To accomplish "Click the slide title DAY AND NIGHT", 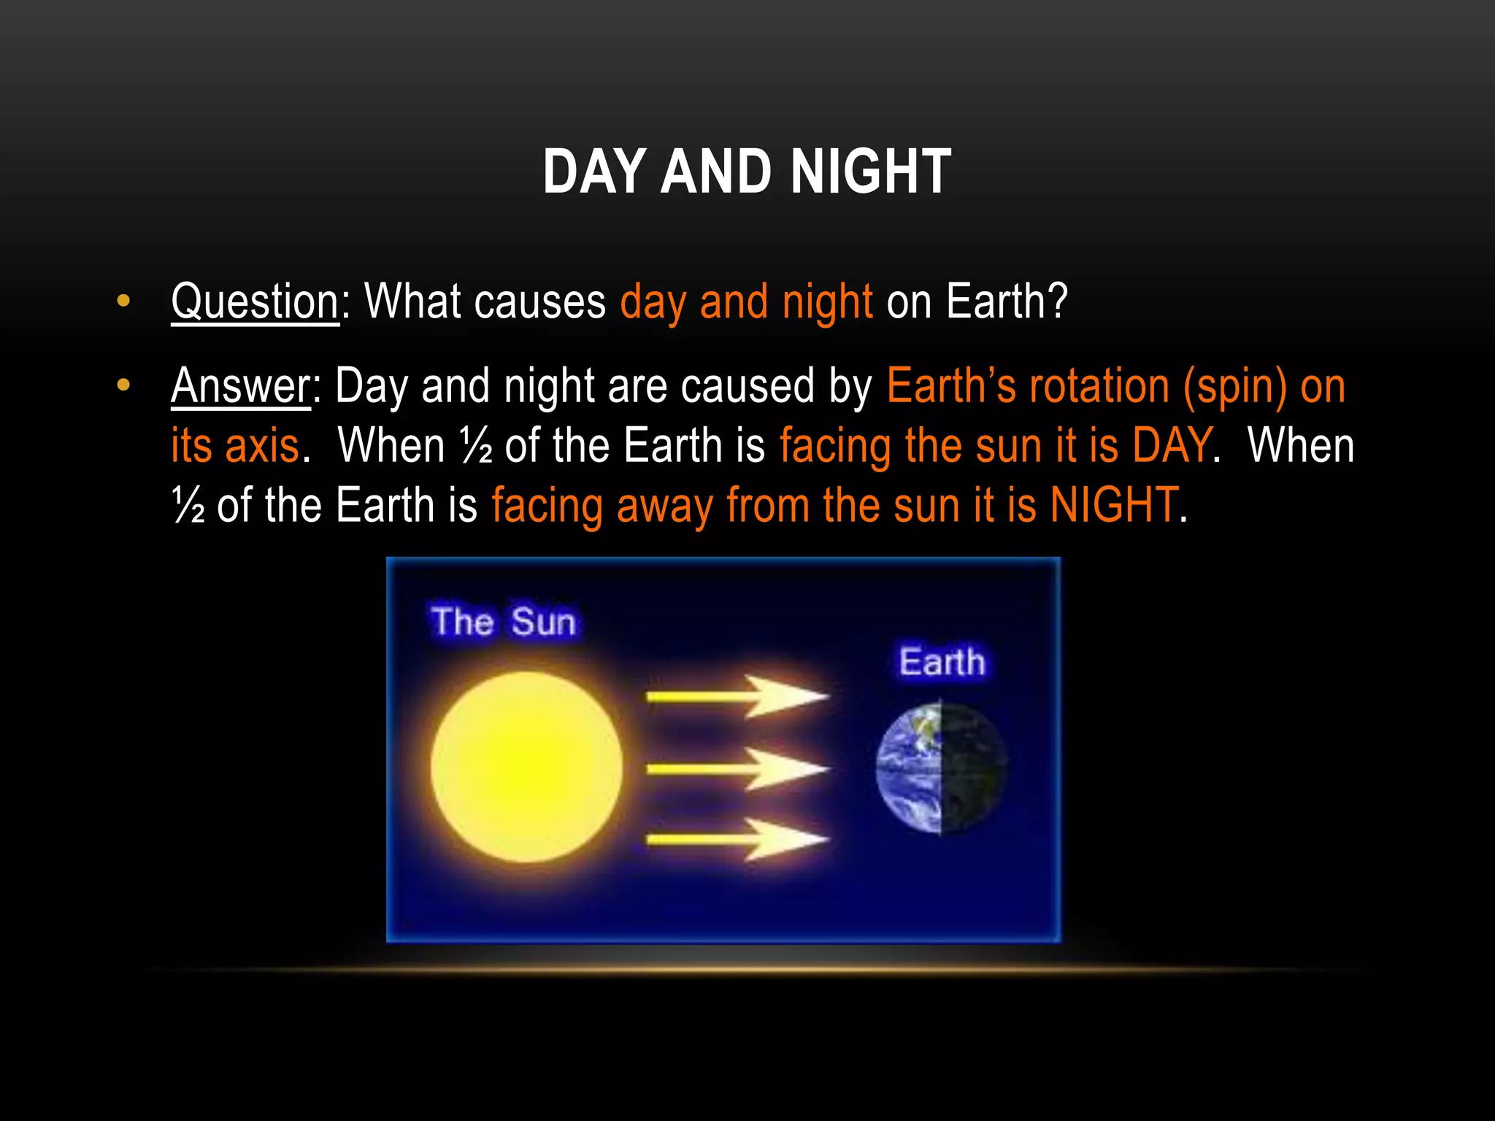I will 747,172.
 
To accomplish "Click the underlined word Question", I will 255,301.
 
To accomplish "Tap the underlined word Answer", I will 241,386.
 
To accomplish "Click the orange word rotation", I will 1098,386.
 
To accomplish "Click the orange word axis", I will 262,446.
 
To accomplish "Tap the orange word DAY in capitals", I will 1171,446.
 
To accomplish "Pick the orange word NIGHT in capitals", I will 1113,505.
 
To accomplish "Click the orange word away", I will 664,506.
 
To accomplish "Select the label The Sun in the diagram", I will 503,622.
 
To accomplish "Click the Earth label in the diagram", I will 942,662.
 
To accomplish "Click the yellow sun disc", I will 526,767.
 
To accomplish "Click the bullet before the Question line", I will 123,300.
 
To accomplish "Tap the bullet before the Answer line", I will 123,385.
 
